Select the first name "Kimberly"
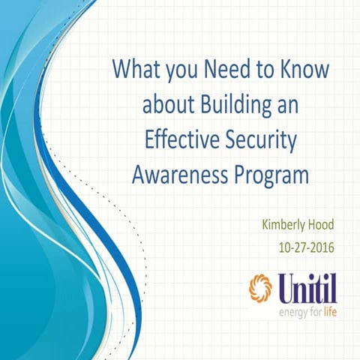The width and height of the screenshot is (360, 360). coord(286,224)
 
